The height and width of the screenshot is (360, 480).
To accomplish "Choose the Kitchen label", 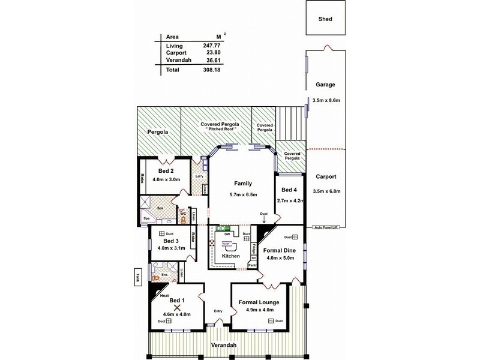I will point(231,256).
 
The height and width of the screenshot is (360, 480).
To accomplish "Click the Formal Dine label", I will point(281,250).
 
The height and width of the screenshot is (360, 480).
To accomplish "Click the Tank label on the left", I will point(137,278).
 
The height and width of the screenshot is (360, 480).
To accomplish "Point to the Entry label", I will point(218,310).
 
